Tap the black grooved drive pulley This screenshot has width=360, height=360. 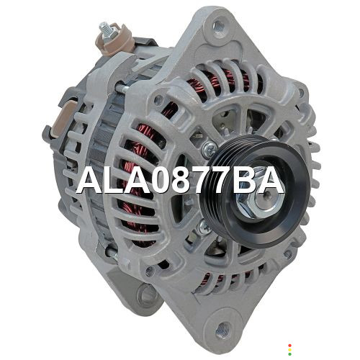point(255,189)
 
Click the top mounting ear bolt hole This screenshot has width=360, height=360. point(218,25)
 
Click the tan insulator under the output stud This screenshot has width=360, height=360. point(114,42)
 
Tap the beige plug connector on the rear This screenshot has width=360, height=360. point(63,119)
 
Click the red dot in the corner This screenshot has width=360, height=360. point(289,346)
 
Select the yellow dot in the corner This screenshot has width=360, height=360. point(289,350)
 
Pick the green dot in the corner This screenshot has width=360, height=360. point(289,354)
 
